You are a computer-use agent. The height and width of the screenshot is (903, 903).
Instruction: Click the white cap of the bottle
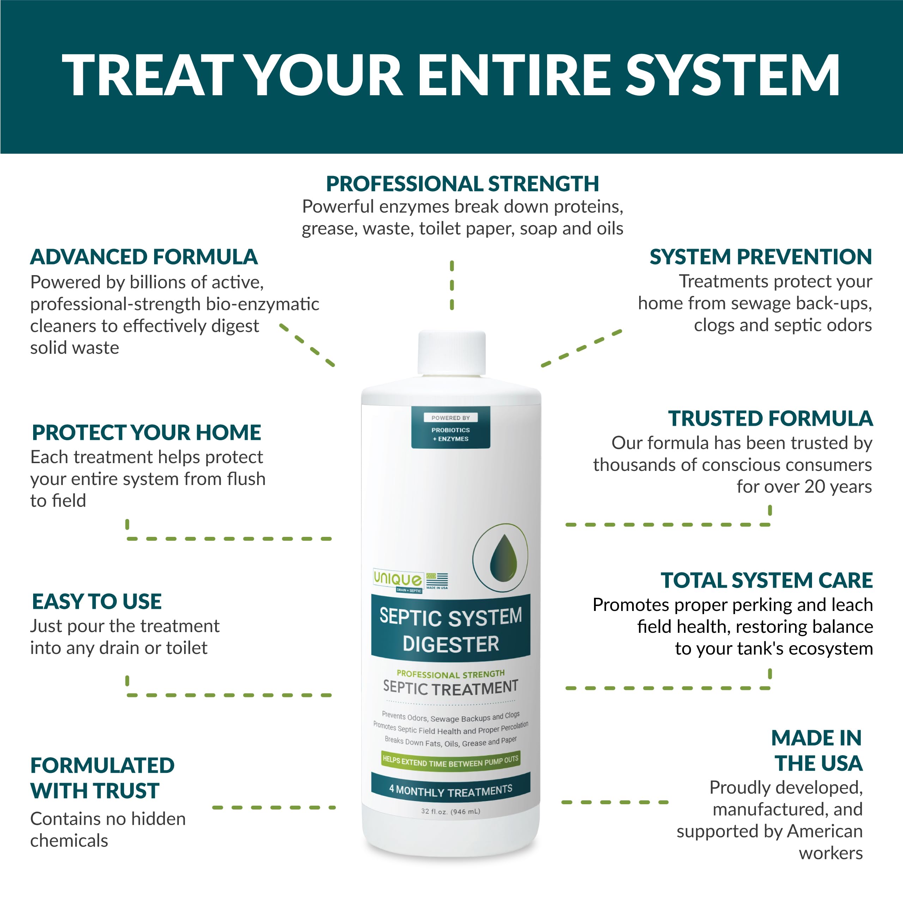click(x=451, y=353)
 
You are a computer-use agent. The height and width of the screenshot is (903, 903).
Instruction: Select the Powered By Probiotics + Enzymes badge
click(x=450, y=428)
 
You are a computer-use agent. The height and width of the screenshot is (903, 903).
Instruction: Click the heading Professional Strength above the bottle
click(x=462, y=184)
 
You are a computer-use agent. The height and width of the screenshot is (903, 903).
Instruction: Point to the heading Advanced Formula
click(x=144, y=257)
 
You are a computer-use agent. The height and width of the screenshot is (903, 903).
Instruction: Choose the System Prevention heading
click(x=760, y=256)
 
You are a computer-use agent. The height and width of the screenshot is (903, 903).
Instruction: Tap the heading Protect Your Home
click(x=146, y=432)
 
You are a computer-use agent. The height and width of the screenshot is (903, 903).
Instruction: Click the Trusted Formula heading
click(x=770, y=418)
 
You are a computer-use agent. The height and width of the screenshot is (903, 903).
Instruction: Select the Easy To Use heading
click(x=97, y=601)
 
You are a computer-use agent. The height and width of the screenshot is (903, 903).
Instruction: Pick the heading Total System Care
click(x=766, y=580)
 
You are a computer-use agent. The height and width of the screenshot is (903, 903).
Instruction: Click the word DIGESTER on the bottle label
click(x=451, y=644)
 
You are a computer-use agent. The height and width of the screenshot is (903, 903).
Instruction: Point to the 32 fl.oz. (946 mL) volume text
click(x=450, y=811)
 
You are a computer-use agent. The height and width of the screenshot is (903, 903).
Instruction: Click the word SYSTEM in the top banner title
click(x=733, y=75)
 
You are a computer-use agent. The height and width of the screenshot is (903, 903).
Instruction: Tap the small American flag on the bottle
click(x=437, y=580)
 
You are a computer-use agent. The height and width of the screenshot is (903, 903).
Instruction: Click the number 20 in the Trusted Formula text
click(x=815, y=486)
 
